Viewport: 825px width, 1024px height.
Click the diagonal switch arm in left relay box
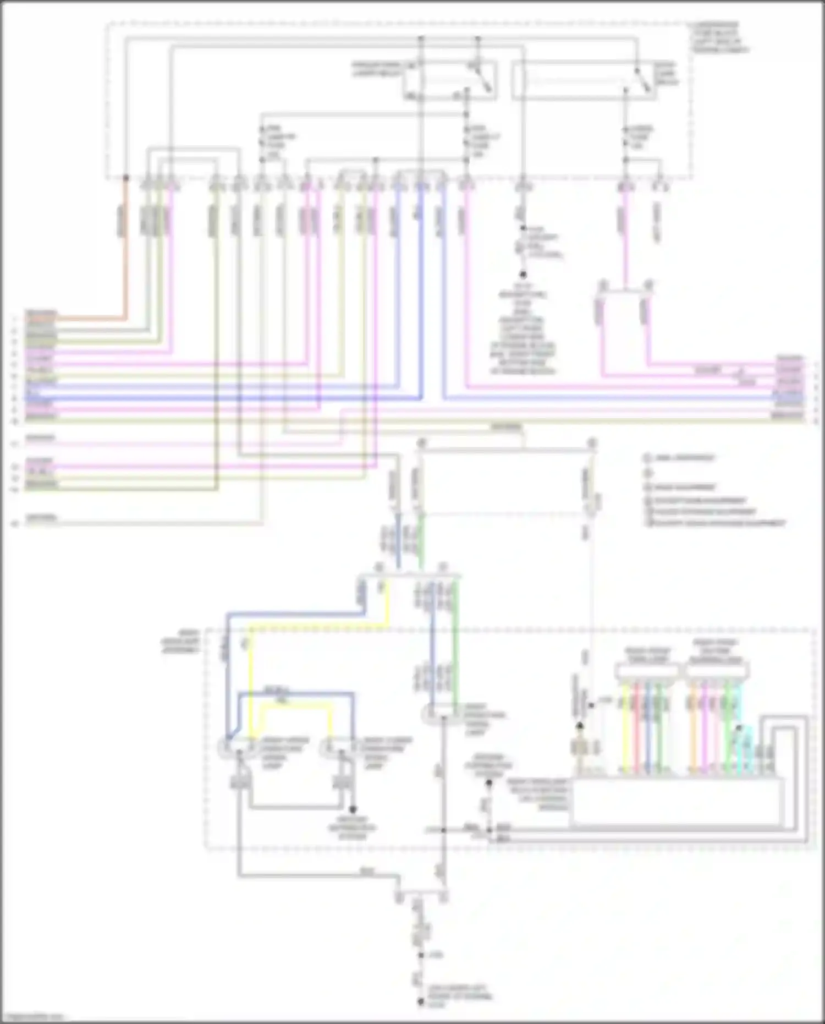[484, 80]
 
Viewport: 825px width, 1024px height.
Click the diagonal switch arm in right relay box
[643, 80]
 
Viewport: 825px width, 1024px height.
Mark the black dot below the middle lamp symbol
[353, 810]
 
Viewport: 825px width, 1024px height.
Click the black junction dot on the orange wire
[125, 178]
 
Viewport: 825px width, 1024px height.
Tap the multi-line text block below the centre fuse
[522, 333]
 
